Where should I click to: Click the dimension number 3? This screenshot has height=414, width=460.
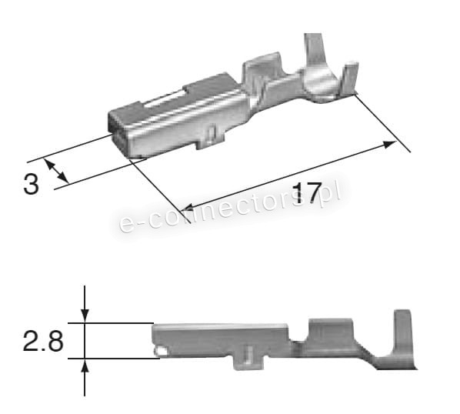31,185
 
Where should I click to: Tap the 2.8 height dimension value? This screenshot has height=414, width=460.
43,340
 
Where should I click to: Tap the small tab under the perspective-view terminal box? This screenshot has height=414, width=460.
209,139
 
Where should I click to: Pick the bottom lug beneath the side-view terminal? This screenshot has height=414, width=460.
248,358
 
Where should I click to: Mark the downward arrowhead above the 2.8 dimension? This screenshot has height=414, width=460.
85,315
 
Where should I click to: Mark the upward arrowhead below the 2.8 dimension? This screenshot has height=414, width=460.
85,367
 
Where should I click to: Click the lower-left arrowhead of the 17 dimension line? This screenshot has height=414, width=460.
187,207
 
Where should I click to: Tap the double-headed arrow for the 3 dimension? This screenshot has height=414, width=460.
55,171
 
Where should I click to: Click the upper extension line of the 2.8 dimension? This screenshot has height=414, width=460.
115,323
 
